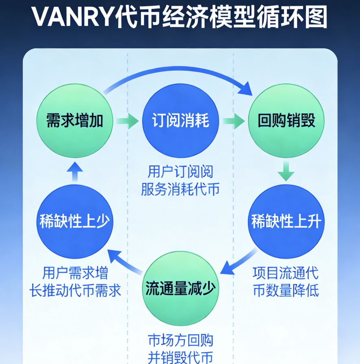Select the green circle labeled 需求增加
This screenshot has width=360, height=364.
[74, 121]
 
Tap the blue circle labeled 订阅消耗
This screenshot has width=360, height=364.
[180, 121]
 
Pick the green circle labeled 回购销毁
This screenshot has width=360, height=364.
[286, 121]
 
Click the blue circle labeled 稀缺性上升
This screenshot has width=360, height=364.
[286, 222]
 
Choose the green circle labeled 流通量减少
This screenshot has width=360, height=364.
[180, 289]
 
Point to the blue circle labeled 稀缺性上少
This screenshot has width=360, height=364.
[74, 222]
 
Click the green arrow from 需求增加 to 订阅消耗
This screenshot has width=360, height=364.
[127, 121]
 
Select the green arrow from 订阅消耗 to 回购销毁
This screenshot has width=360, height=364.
[233, 121]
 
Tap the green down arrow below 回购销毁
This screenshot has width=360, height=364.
[286, 171]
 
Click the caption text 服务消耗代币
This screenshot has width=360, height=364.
[180, 190]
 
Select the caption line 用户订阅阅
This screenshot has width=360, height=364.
[180, 172]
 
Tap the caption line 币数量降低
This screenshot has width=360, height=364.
[286, 290]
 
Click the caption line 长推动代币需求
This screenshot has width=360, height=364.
[76, 290]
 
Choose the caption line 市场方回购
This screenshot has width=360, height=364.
[180, 340]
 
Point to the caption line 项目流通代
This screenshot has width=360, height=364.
[286, 272]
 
